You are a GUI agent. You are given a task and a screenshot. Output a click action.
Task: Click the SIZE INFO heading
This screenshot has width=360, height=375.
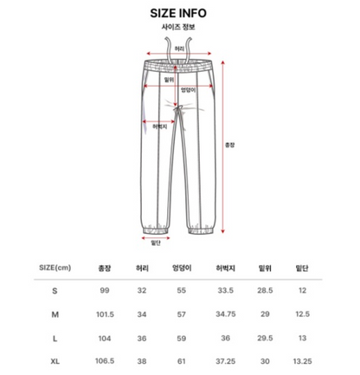178,13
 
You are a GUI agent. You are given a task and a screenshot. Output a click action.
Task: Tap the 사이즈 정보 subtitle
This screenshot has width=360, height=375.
178,27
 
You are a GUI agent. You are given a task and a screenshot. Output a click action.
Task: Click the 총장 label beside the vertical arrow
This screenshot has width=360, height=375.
229,145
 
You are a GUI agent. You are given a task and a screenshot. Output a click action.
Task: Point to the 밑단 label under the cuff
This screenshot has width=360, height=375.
156,243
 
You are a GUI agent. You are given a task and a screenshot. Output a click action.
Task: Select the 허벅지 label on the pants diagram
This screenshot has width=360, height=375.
160,126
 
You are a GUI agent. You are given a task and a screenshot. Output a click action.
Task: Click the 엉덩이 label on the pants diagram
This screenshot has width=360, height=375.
188,90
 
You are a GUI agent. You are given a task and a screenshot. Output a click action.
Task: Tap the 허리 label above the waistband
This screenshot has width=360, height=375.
179,49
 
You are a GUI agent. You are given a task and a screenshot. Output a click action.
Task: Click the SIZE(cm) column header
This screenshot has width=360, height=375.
55,268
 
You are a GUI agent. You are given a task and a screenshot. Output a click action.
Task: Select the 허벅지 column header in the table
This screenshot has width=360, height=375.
226,268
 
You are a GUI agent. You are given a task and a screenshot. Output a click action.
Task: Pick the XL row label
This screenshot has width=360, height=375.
55,361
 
